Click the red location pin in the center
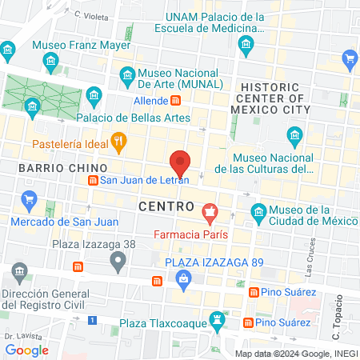(180, 162)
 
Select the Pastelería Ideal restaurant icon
(119, 143)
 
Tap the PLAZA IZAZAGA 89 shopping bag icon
(184, 278)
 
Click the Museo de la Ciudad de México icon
(258, 211)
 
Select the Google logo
(26, 350)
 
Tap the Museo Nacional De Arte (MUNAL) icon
(127, 76)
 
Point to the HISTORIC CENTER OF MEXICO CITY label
(286, 98)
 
